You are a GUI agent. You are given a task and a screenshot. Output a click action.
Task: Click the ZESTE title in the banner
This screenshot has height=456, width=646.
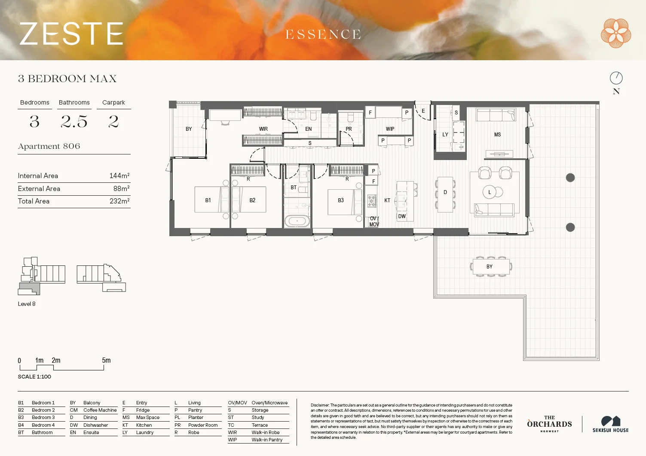click(71, 34)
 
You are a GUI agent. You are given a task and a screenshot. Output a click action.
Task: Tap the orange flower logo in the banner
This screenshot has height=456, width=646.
click(615, 33)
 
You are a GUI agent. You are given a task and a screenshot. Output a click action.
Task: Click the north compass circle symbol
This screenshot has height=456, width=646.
click(616, 78)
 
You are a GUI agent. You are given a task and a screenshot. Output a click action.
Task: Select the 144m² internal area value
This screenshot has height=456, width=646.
click(119, 176)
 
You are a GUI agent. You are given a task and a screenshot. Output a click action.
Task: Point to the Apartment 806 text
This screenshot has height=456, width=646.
click(49, 146)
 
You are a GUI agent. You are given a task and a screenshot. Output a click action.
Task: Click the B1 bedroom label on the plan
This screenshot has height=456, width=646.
click(208, 200)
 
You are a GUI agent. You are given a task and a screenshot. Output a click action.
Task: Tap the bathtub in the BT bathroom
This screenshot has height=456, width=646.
click(297, 222)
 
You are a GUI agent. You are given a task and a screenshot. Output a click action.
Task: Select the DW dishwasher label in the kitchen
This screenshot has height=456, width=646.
click(402, 216)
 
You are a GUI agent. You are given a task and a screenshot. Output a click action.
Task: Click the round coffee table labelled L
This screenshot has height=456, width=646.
click(489, 192)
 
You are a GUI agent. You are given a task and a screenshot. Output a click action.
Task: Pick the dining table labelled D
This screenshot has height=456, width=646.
click(445, 194)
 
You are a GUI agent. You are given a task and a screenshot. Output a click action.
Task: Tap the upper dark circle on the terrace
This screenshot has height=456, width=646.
click(570, 178)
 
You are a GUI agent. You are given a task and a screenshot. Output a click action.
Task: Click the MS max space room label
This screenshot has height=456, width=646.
click(497, 135)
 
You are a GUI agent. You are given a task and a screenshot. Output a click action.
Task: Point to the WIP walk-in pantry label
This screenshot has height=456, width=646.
click(390, 129)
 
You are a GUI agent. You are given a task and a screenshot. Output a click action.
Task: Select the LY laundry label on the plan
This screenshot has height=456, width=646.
click(445, 135)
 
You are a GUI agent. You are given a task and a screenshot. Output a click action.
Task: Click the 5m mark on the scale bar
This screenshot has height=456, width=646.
click(106, 360)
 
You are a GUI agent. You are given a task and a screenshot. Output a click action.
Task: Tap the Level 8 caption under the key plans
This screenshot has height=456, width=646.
click(27, 304)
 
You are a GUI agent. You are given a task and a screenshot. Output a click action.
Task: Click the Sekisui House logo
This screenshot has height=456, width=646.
click(610, 424)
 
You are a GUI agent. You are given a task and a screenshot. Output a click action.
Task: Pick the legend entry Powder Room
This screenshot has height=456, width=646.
click(203, 425)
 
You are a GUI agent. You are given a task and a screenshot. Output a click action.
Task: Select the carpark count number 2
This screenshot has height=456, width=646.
click(113, 122)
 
